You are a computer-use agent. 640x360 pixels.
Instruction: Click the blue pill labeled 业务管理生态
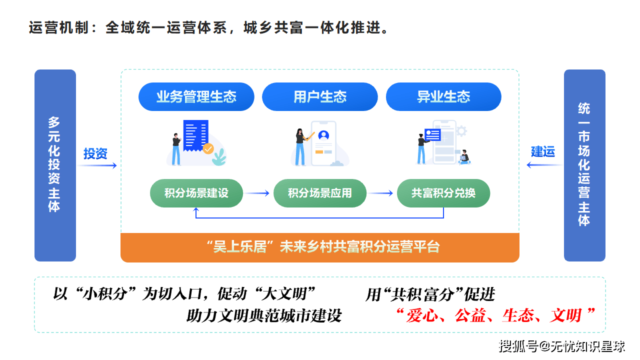point(196,96)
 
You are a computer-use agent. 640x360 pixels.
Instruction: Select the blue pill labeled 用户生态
point(320,96)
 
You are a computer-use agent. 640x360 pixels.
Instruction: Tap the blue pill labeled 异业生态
point(443,96)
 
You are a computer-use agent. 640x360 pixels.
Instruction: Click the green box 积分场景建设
point(196,193)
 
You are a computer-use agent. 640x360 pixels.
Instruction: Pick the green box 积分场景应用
point(320,193)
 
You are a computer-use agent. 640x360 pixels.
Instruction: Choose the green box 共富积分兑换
point(443,193)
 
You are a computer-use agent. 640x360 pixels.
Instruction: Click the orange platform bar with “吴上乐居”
point(320,247)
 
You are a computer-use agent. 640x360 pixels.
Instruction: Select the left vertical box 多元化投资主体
point(55,165)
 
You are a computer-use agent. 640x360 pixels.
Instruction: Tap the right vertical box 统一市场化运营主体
point(584,165)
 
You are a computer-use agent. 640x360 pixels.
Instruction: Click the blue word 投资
point(95,153)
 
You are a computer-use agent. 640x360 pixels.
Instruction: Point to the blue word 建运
point(543,151)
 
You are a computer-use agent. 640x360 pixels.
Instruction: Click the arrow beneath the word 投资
point(97,165)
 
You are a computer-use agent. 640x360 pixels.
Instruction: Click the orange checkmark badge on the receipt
point(208,148)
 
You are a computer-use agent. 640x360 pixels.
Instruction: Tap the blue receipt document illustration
point(195,134)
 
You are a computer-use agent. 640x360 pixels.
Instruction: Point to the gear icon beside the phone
point(461,131)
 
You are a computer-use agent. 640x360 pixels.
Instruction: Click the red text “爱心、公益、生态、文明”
point(495,315)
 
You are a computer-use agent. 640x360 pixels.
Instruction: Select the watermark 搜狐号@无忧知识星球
point(562,345)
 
